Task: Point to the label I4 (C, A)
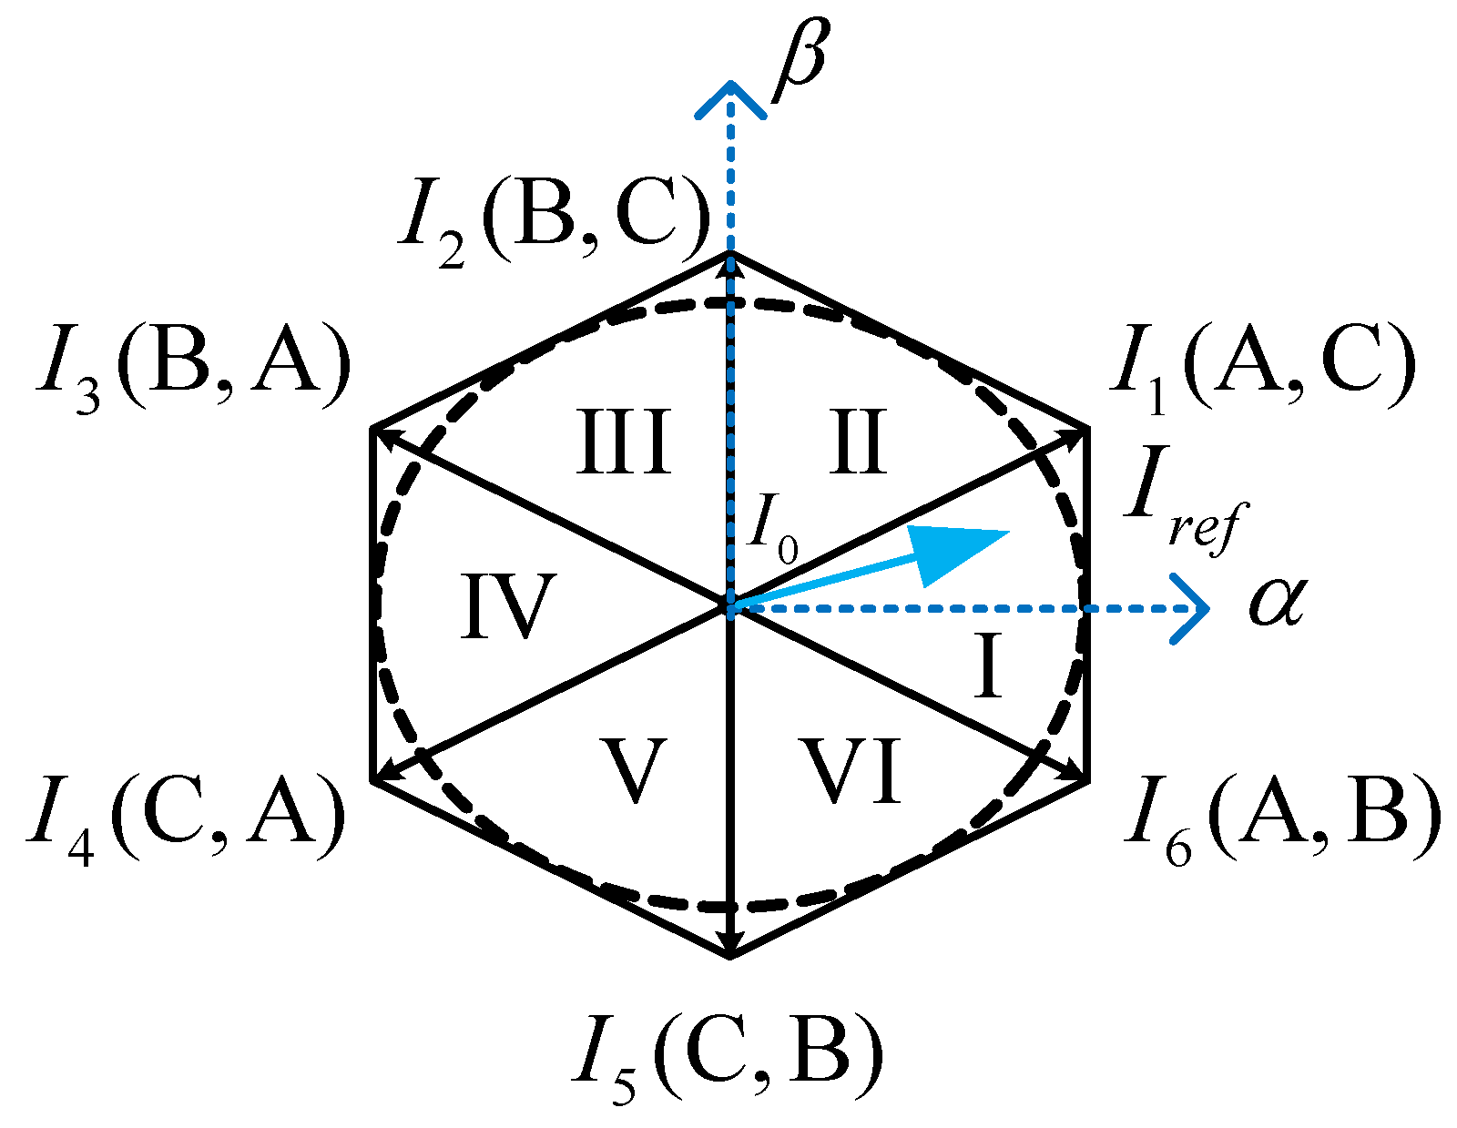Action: click(x=187, y=818)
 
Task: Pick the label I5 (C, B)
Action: click(x=728, y=1056)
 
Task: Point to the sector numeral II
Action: click(x=858, y=442)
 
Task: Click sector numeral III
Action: click(x=625, y=442)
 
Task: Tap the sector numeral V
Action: click(x=635, y=770)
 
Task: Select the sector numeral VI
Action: click(x=851, y=770)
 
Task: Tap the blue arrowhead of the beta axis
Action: click(x=729, y=97)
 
